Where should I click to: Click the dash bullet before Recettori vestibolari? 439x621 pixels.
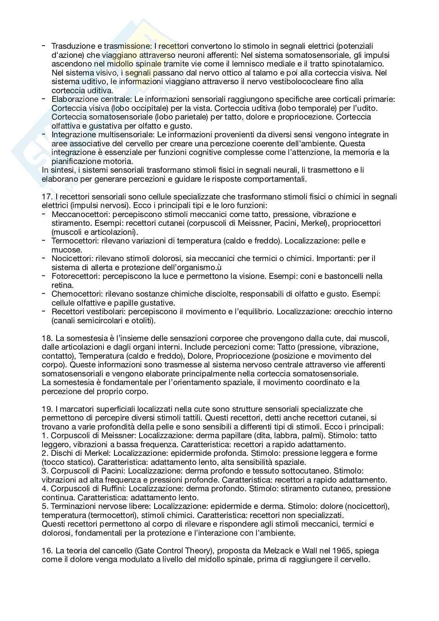44,311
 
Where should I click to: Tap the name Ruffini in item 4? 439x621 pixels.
111,488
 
